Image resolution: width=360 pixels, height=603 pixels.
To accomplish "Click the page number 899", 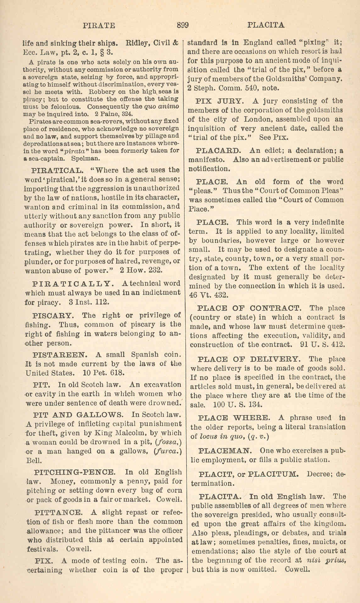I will click(x=182, y=25).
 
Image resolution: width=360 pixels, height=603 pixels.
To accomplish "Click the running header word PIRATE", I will click(x=99, y=25).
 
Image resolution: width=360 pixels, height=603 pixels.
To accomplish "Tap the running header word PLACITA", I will click(x=266, y=25).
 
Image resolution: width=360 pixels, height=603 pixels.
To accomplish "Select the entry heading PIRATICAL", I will click(x=58, y=170).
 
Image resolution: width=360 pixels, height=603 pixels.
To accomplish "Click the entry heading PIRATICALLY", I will click(x=71, y=283).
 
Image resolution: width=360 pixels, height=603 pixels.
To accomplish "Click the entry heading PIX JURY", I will click(x=219, y=101).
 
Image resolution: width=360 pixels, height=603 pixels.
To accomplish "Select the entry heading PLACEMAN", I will click(x=225, y=451).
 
